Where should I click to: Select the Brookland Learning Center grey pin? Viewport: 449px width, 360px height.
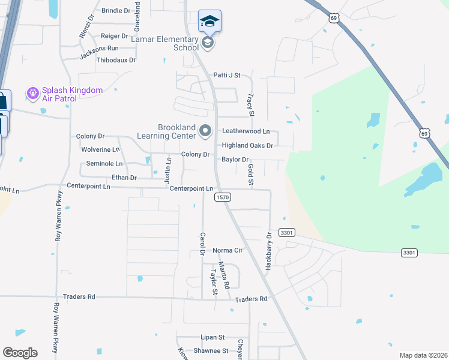tap(206, 130)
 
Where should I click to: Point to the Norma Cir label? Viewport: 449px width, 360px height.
tap(227, 250)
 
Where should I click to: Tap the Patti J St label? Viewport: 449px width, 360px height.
tap(226, 76)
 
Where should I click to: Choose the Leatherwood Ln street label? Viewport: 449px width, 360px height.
tap(246, 131)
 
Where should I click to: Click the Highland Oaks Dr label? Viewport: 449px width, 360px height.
tap(247, 145)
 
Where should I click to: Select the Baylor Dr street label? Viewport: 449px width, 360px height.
tap(235, 160)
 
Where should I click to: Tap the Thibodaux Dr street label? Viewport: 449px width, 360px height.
tap(116, 60)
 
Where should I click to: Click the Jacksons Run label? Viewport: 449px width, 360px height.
tap(99, 48)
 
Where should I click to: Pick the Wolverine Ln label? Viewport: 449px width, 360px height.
tap(100, 149)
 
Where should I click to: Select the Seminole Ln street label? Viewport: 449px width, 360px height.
tap(104, 163)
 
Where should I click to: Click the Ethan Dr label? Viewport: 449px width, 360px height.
tap(124, 178)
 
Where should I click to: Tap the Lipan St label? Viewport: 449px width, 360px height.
tap(212, 337)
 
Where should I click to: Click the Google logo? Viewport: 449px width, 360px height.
tap(20, 352)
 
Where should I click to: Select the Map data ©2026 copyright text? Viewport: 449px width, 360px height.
tap(423, 355)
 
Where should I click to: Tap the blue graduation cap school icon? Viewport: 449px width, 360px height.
tap(209, 22)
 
